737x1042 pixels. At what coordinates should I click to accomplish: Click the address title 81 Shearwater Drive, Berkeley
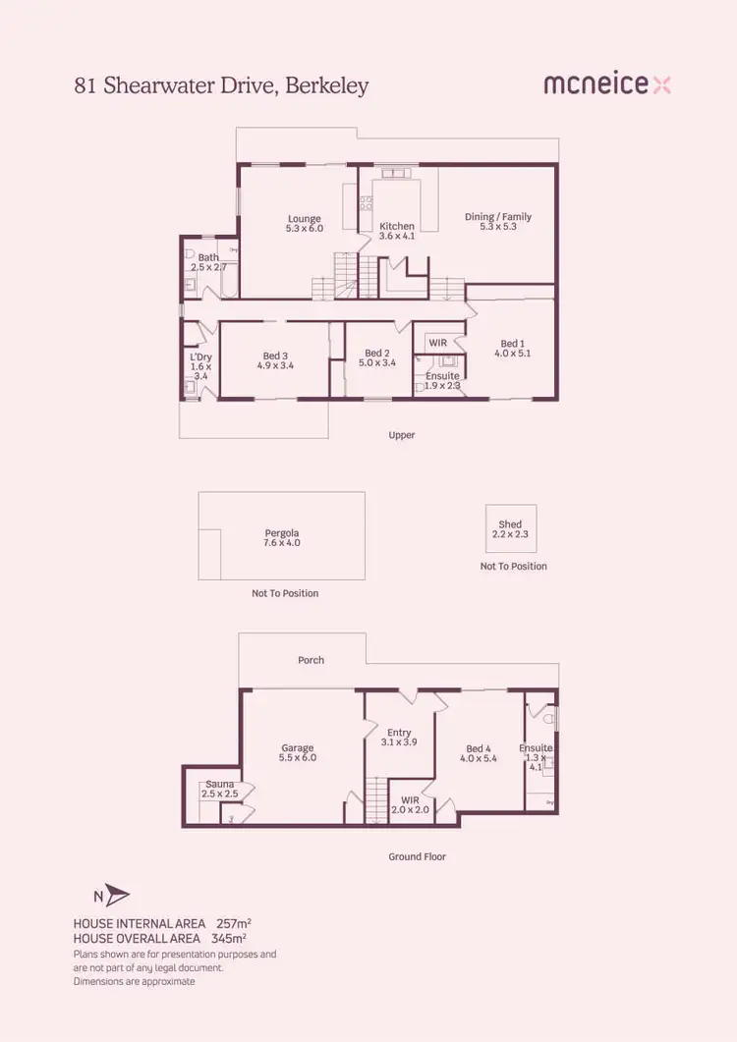coord(221,86)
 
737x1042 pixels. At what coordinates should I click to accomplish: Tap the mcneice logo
coord(606,85)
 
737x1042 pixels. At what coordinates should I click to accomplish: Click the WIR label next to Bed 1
coord(437,343)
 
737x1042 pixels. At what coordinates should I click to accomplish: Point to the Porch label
coord(311,660)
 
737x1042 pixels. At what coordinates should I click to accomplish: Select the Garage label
coord(298,752)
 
